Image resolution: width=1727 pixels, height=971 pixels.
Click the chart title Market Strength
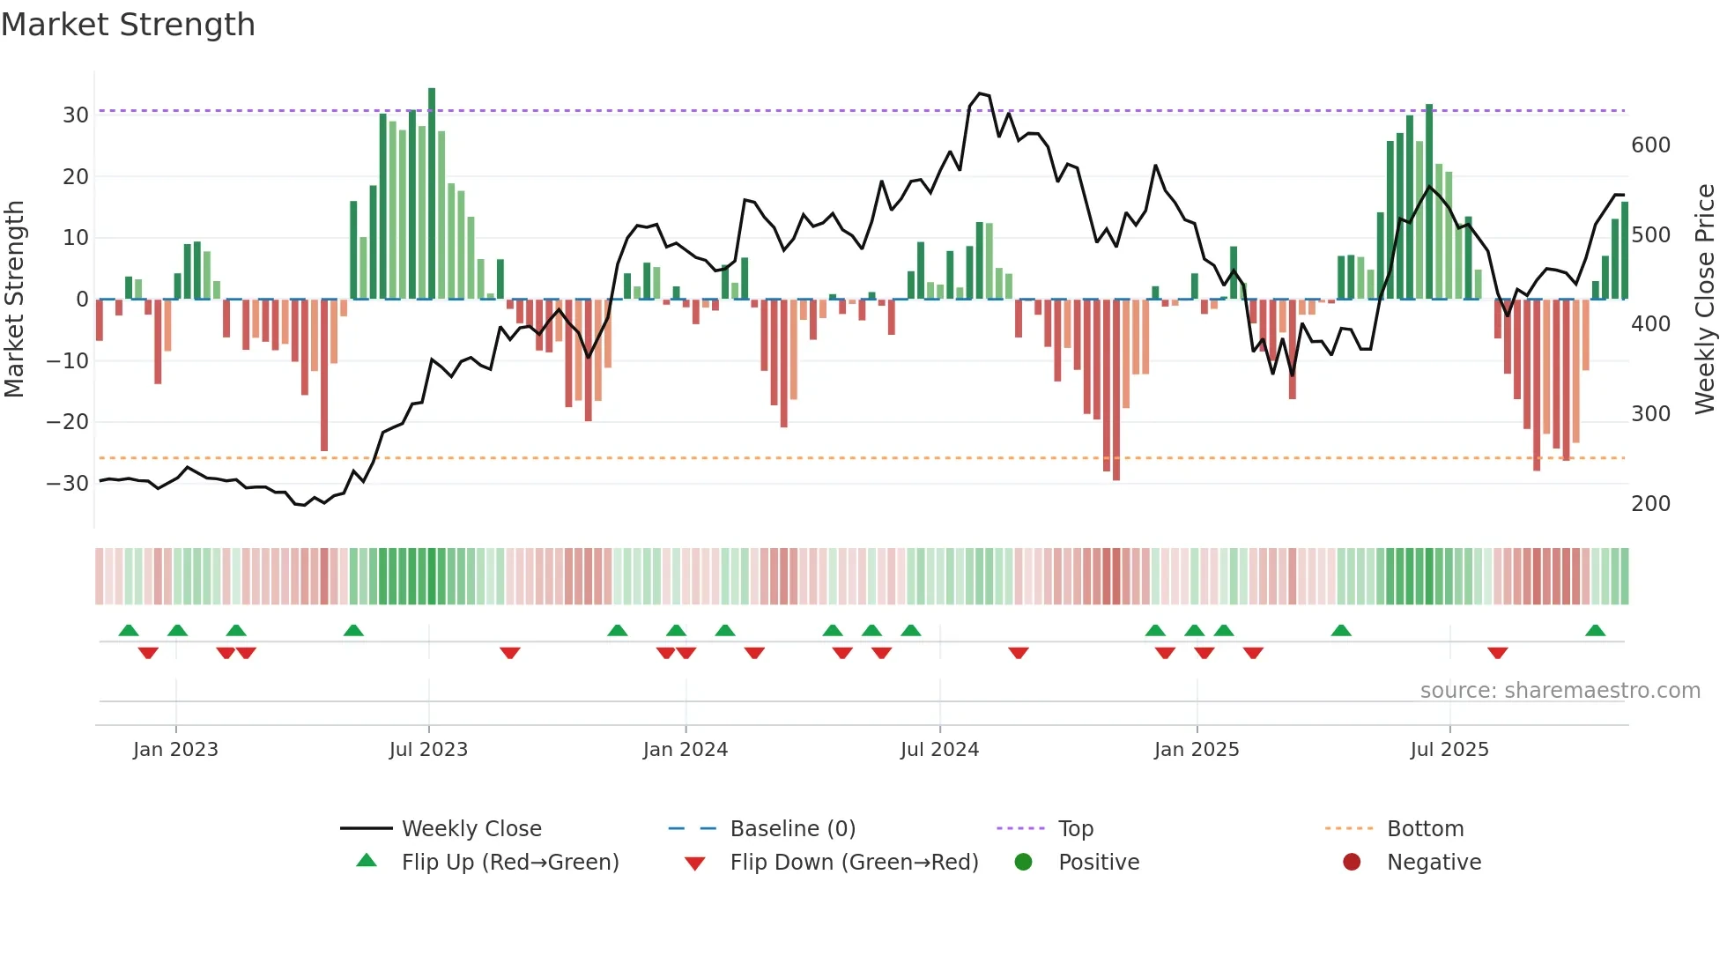coord(129,25)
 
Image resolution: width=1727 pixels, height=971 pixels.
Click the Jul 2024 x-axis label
coord(939,749)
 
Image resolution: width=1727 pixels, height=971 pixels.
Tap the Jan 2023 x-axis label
coord(175,749)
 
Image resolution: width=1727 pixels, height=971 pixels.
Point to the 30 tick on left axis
coord(76,115)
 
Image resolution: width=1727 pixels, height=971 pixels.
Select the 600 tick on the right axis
coord(1650,145)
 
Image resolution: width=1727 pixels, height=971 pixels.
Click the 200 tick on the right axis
coord(1650,504)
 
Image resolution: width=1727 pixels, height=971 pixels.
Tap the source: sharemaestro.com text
coord(1560,690)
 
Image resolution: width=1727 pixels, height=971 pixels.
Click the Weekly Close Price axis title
coord(1705,300)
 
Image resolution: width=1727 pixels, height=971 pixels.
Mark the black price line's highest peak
coord(980,93)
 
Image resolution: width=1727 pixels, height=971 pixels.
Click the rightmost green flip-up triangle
coord(1595,630)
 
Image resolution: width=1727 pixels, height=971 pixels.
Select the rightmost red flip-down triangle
coord(1497,653)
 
